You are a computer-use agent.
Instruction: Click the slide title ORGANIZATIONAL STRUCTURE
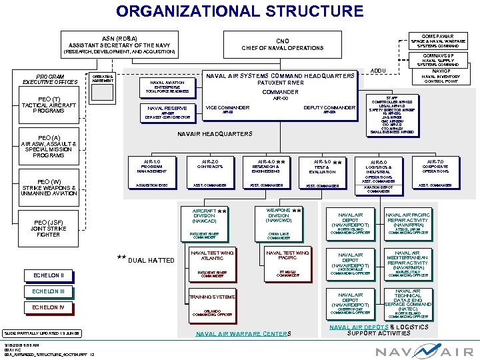point(240,11)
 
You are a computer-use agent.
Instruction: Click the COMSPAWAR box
point(438,40)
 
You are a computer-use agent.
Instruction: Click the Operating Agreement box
point(101,80)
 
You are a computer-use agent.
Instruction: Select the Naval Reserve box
point(167,111)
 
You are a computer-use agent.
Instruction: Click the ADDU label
point(378,70)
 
